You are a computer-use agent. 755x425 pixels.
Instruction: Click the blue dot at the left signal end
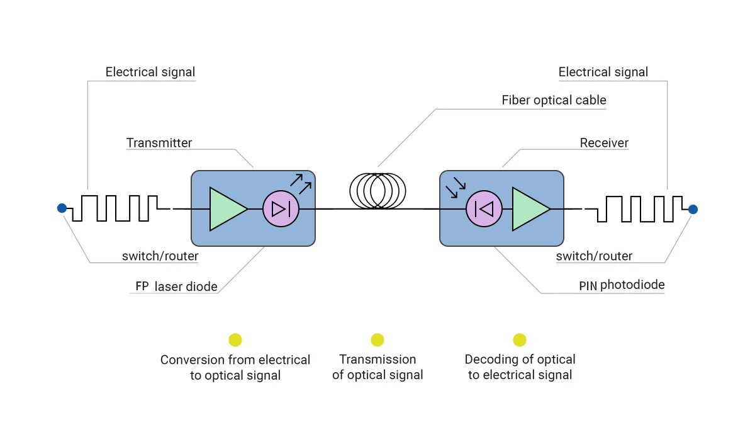click(x=62, y=208)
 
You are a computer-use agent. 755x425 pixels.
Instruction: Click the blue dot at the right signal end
click(x=693, y=208)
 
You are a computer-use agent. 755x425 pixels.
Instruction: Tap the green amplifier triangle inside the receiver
click(x=530, y=208)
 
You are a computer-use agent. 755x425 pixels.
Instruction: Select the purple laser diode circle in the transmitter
click(x=281, y=208)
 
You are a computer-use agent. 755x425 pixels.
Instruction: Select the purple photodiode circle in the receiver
click(x=484, y=208)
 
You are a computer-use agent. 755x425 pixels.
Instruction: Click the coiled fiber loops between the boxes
click(x=377, y=191)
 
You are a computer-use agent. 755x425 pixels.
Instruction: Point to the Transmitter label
click(x=159, y=143)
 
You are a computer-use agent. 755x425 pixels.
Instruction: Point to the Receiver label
click(x=604, y=143)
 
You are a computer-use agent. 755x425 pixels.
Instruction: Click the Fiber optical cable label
click(x=554, y=100)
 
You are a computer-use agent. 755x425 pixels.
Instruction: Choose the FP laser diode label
click(x=176, y=286)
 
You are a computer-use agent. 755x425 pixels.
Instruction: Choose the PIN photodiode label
click(x=622, y=285)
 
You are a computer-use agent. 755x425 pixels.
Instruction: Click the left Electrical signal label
click(x=150, y=72)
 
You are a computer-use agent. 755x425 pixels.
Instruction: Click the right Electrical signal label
click(x=603, y=72)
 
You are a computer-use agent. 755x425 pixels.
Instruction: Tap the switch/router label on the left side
click(x=160, y=256)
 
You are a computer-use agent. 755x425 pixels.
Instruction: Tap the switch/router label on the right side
click(x=594, y=256)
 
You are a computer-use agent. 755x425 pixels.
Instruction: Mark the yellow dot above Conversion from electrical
click(x=235, y=340)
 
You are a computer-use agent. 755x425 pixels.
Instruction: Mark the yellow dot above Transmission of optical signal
click(x=377, y=340)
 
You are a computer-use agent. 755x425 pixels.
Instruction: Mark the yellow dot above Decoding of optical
click(x=520, y=340)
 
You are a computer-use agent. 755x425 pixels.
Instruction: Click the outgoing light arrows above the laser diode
click(x=301, y=182)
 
